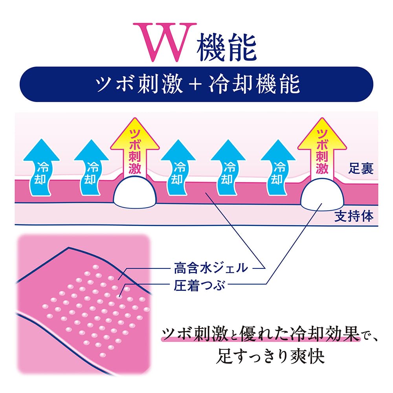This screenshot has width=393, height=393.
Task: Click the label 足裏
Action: click(360, 170)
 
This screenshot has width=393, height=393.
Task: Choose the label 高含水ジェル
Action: click(210, 268)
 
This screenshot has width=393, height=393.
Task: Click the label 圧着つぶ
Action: click(199, 285)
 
